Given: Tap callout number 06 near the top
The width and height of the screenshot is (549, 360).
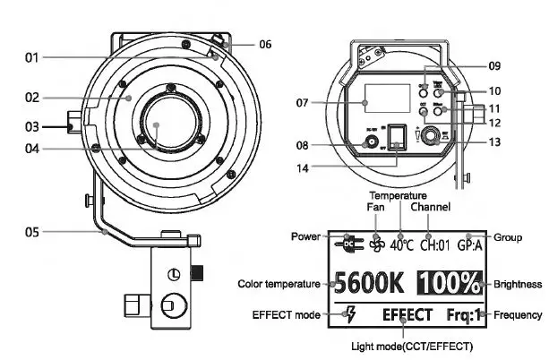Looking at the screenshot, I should pos(265,44).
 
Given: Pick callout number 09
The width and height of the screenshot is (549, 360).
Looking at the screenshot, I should pos(494,65).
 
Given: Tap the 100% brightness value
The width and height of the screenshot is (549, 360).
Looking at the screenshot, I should pos(449,284).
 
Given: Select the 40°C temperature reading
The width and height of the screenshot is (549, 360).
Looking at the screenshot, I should pos(399,243).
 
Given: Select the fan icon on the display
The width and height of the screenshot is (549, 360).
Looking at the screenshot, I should pos(376,244).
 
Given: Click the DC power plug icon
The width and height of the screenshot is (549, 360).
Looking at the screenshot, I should pos(347,243).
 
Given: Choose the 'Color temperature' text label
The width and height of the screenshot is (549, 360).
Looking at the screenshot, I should pos(279,284).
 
